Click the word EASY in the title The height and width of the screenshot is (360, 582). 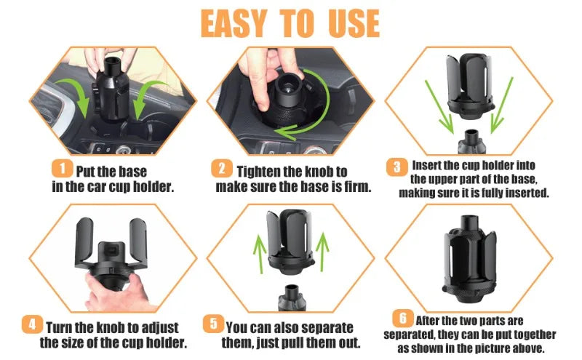click(x=234, y=23)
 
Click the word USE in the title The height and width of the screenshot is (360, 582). click(x=354, y=23)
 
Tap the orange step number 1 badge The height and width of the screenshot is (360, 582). click(x=62, y=169)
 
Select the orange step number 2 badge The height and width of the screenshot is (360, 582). click(x=222, y=169)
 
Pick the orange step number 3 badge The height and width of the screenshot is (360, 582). click(x=396, y=167)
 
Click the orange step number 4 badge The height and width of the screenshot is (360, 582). click(x=32, y=325)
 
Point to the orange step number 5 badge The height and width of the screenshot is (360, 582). click(x=213, y=324)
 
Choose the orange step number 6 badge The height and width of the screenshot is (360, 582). click(x=403, y=318)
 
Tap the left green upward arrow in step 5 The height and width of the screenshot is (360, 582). click(x=260, y=255)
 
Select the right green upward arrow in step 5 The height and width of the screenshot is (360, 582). click(x=322, y=252)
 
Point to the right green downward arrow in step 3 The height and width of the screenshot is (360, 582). click(x=501, y=105)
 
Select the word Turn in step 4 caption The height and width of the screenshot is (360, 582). click(x=59, y=328)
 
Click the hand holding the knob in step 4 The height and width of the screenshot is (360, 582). click(x=118, y=292)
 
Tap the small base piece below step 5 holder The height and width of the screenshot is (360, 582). click(x=292, y=298)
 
